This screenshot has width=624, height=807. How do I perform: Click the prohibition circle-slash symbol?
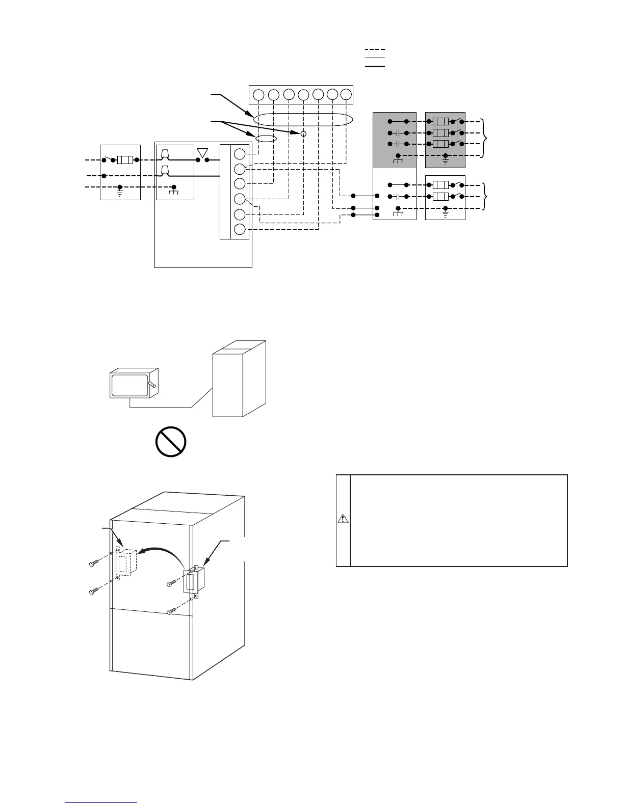click(171, 441)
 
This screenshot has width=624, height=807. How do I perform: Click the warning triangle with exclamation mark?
click(344, 519)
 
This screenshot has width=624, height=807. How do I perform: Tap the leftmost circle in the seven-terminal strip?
click(259, 94)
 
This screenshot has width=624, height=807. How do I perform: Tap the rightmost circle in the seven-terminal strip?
click(346, 94)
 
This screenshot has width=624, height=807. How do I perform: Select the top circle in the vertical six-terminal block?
click(239, 154)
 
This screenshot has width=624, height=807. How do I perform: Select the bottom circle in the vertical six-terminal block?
click(239, 230)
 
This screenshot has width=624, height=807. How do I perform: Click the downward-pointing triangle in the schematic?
click(203, 152)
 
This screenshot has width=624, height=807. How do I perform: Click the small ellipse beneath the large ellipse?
click(266, 139)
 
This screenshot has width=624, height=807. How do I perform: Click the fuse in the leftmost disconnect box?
click(125, 160)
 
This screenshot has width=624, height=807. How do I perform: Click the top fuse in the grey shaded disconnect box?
click(440, 122)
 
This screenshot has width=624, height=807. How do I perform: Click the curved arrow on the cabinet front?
click(163, 552)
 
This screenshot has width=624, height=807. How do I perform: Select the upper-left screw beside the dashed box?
click(93, 562)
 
